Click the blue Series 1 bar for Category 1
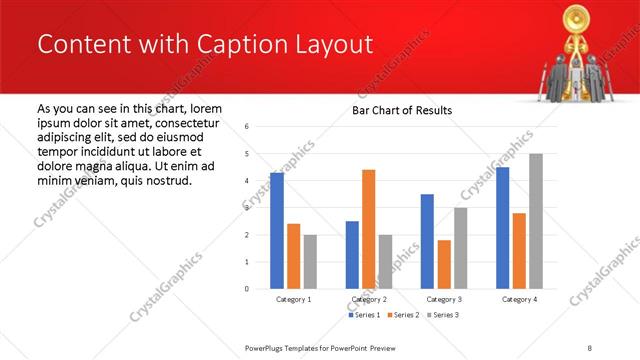tap(277, 231)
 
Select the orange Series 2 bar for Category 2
tap(368, 229)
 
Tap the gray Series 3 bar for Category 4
tap(535, 221)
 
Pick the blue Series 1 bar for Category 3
tap(427, 241)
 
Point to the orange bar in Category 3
tap(444, 264)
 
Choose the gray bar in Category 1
tap(310, 261)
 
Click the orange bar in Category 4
tap(519, 251)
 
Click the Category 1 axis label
tap(293, 299)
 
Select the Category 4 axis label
tap(519, 299)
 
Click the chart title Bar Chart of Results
tap(402, 110)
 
